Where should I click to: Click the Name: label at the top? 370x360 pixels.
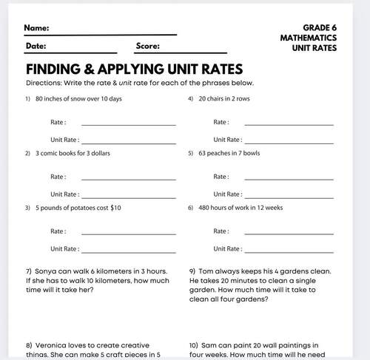point(37,29)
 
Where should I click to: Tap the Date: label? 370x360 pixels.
point(36,46)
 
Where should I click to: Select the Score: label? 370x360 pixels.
point(148,46)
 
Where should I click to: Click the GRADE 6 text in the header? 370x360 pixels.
point(320,27)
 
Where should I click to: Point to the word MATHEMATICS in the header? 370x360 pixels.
point(309,38)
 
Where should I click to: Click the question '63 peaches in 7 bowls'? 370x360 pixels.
point(229,153)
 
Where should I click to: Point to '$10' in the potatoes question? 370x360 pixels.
point(115,208)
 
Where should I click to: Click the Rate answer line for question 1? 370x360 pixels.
point(128,123)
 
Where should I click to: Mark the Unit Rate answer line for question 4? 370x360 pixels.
point(289,141)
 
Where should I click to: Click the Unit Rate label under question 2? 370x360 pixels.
point(64,194)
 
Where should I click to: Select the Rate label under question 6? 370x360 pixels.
point(221,231)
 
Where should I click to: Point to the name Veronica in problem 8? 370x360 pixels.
point(51,345)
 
